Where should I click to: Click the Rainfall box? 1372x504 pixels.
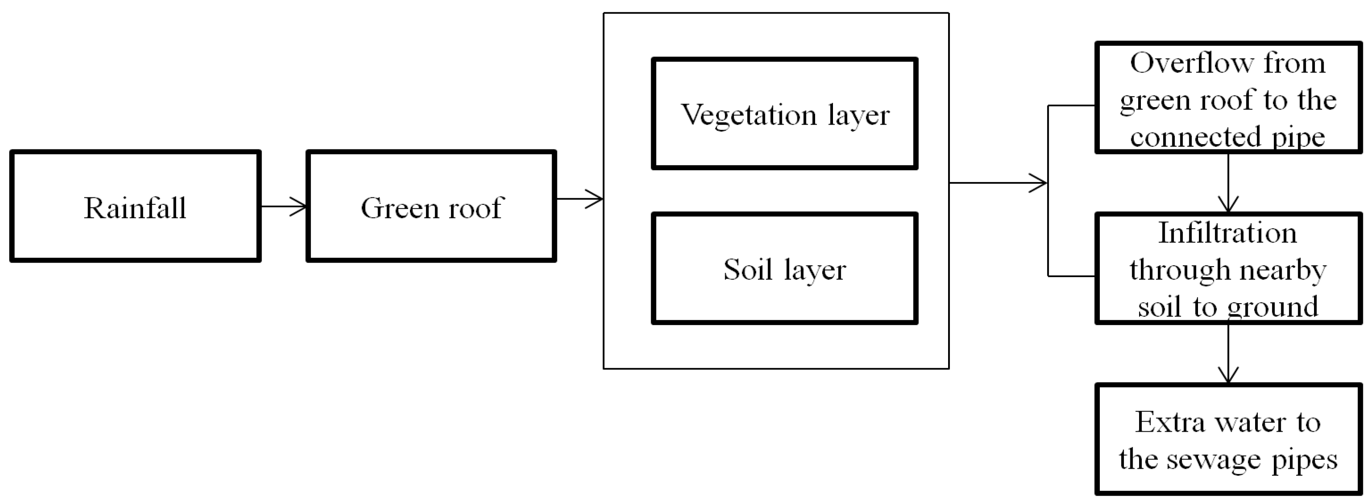click(135, 206)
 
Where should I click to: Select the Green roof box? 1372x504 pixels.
click(431, 206)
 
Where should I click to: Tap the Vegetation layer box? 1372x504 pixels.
click(785, 114)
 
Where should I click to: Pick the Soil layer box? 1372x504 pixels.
click(785, 269)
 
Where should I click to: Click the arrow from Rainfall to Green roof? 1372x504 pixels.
click(284, 206)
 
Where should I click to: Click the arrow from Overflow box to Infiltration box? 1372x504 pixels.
click(1228, 184)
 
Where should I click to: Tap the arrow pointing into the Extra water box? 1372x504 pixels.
click(1228, 354)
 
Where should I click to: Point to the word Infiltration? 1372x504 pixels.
click(1228, 233)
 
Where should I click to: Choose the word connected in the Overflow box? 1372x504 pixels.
click(1195, 137)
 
